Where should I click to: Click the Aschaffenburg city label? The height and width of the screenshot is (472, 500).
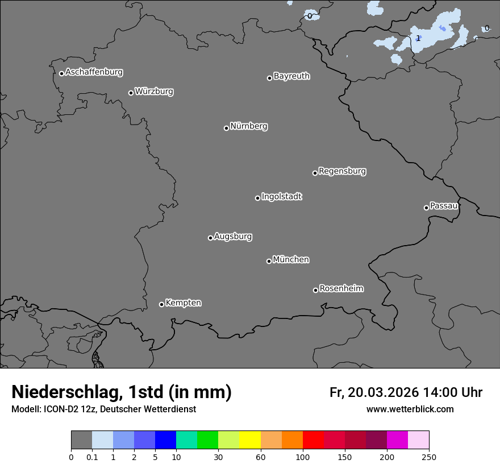[94, 72]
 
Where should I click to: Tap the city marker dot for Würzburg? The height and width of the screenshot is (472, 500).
[131, 93]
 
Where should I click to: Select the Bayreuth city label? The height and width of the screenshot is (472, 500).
[291, 76]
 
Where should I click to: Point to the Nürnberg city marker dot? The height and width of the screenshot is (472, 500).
[226, 128]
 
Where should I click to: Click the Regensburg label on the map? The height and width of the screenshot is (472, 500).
[342, 171]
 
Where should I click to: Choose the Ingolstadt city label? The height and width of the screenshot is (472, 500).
[281, 197]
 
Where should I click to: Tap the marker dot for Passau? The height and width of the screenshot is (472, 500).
[426, 208]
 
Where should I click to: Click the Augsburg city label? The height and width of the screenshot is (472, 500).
[233, 237]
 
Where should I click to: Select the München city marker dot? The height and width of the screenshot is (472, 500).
[269, 261]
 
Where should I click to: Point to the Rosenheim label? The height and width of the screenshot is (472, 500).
[341, 289]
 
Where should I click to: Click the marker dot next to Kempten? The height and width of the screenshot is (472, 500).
[161, 304]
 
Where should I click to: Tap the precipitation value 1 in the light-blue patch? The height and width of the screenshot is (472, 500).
[418, 39]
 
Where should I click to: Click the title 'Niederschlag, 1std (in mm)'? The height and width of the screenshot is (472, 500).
[122, 392]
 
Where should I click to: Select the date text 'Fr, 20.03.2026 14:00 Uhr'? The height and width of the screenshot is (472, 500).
[406, 392]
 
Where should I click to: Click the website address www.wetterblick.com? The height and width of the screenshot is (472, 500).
[410, 409]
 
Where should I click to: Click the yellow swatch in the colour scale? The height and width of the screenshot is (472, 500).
[250, 440]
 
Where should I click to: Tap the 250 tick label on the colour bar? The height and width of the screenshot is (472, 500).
[429, 457]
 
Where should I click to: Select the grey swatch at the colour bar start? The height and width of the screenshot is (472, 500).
[81, 440]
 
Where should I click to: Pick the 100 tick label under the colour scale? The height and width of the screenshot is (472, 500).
[303, 457]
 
